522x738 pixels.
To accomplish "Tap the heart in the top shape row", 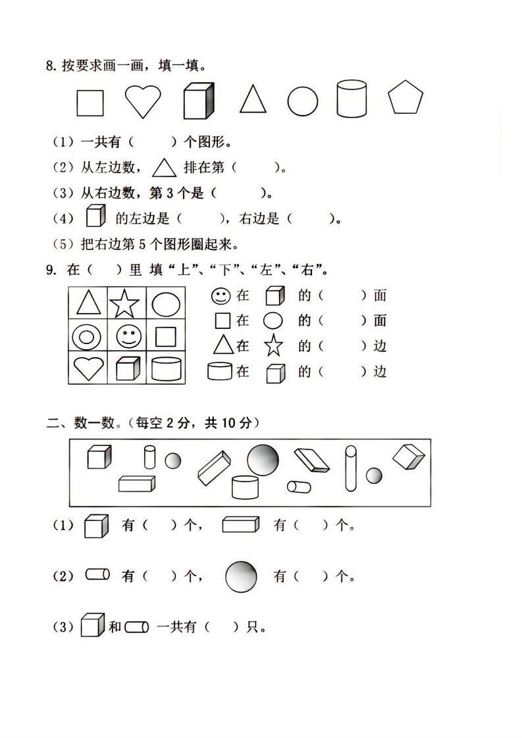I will coord(143,101).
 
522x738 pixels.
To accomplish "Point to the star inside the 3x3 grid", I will coord(125,304).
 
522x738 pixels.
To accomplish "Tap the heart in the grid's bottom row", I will coord(88,369).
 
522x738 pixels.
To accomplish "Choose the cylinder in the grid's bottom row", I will coord(166,369).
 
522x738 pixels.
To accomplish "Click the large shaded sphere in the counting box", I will coord(263,459).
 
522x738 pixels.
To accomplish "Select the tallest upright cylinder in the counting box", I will coord(350,468).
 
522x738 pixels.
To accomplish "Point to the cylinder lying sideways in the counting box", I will coord(299,487).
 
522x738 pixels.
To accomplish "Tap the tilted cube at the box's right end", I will coord(409,457).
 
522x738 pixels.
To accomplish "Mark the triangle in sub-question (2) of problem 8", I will coord(165,168).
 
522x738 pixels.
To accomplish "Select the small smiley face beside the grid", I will coord(220,296).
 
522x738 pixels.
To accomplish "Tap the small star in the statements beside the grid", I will coord(273,345).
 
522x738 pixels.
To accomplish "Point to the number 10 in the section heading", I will coord(228,424).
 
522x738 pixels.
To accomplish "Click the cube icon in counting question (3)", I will coord(93,625).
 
